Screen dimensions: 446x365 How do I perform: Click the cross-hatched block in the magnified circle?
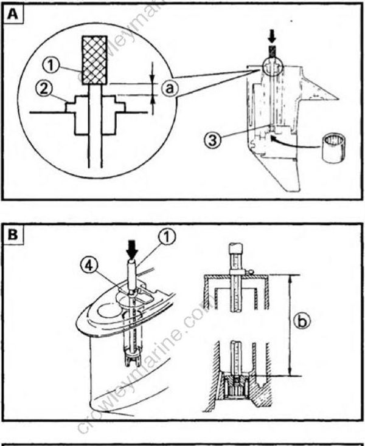(95, 58)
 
